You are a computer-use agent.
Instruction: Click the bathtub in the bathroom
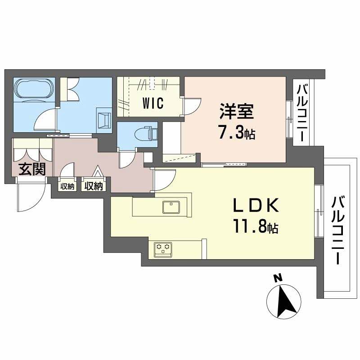[34, 89]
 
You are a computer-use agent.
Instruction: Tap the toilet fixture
[145, 134]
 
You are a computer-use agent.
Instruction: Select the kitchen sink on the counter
[171, 207]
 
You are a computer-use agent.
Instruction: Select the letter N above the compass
[278, 279]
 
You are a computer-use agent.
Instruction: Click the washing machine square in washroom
[104, 120]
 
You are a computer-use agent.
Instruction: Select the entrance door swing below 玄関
[29, 197]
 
